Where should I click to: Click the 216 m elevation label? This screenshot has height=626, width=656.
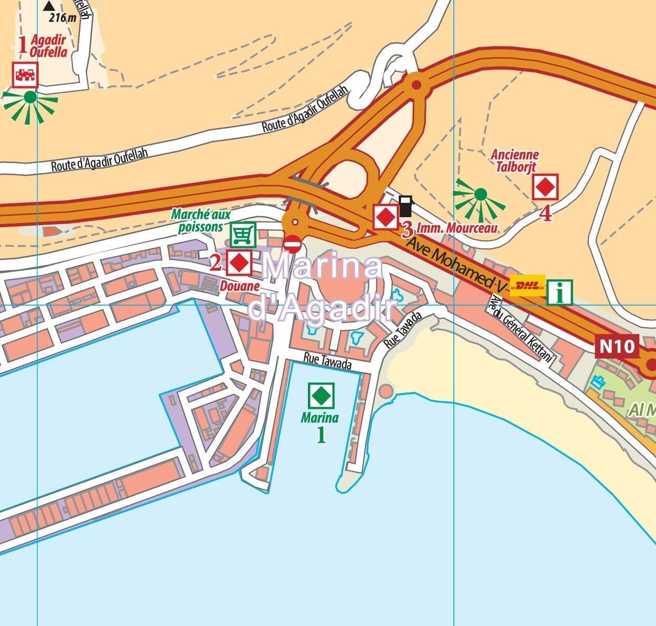(x=62, y=17)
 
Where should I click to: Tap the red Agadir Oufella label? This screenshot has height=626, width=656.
(x=48, y=46)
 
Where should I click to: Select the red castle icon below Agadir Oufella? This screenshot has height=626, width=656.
(x=25, y=74)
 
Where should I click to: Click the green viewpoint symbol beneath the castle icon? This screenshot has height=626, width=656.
(x=30, y=98)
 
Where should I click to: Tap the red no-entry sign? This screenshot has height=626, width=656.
(x=293, y=244)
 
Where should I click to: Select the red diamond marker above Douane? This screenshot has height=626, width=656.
(x=239, y=262)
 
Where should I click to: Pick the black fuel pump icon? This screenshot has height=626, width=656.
(x=405, y=206)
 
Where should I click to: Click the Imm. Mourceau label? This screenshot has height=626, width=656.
(x=457, y=228)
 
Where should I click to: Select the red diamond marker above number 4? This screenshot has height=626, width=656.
(x=545, y=187)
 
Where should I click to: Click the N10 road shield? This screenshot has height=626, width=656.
(x=616, y=347)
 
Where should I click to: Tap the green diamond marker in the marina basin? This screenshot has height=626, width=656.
(x=320, y=394)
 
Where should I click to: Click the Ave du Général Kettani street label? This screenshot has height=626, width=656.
(x=521, y=329)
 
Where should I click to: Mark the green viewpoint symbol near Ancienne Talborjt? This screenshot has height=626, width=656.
(x=480, y=195)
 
